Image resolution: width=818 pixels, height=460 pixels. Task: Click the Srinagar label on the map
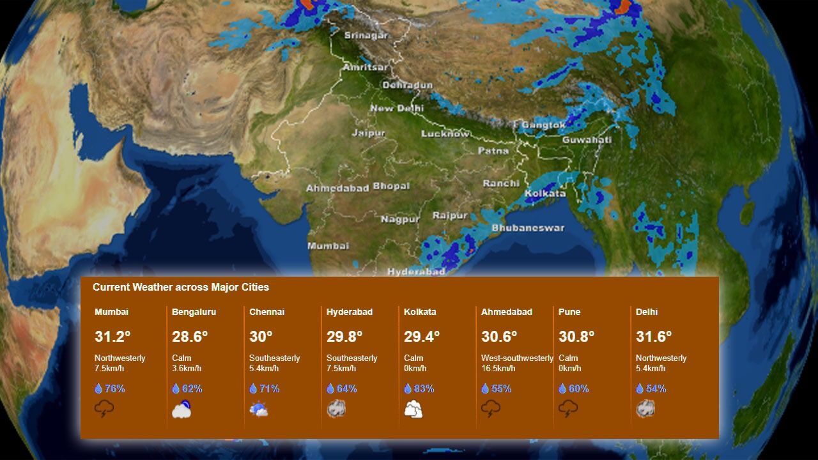(x=366, y=36)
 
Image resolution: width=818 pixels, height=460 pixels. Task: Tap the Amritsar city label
(x=365, y=67)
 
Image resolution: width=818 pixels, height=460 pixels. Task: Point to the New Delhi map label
(x=396, y=109)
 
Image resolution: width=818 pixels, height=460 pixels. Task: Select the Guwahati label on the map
(x=587, y=139)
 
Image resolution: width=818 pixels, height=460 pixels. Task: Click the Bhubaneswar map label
(x=528, y=227)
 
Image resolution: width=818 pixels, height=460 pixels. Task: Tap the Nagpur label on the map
(x=400, y=219)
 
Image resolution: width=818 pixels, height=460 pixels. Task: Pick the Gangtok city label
(x=543, y=125)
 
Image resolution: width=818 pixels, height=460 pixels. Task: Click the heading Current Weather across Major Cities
(x=181, y=287)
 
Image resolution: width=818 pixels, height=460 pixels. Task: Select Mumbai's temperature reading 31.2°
(x=112, y=336)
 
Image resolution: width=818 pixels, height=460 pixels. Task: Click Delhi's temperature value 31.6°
(x=654, y=336)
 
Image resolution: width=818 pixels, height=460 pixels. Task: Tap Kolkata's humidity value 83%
(x=424, y=388)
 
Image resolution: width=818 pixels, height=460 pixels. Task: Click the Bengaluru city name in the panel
(x=194, y=312)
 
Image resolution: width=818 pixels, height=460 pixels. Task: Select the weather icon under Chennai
(x=259, y=409)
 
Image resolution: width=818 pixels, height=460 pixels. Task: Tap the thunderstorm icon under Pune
(x=568, y=409)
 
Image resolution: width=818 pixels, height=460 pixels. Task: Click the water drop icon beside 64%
(x=330, y=388)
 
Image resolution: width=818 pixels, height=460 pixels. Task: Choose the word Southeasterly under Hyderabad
(x=351, y=358)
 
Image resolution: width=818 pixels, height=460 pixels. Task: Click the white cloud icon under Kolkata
(x=413, y=409)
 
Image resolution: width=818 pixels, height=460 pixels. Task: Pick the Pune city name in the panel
(x=569, y=312)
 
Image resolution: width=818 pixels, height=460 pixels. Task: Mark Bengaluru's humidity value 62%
(x=192, y=388)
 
